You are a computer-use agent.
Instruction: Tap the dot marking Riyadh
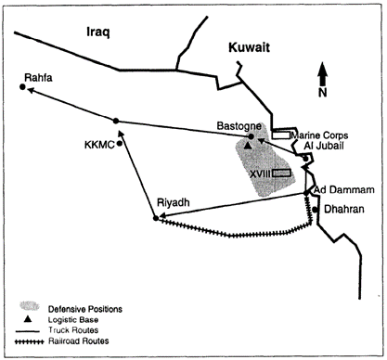155,218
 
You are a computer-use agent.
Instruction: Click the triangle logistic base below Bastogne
248,146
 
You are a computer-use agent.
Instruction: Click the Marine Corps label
318,134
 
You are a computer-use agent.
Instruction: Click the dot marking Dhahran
315,210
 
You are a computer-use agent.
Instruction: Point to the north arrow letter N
322,92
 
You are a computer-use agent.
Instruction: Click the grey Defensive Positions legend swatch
30,307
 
